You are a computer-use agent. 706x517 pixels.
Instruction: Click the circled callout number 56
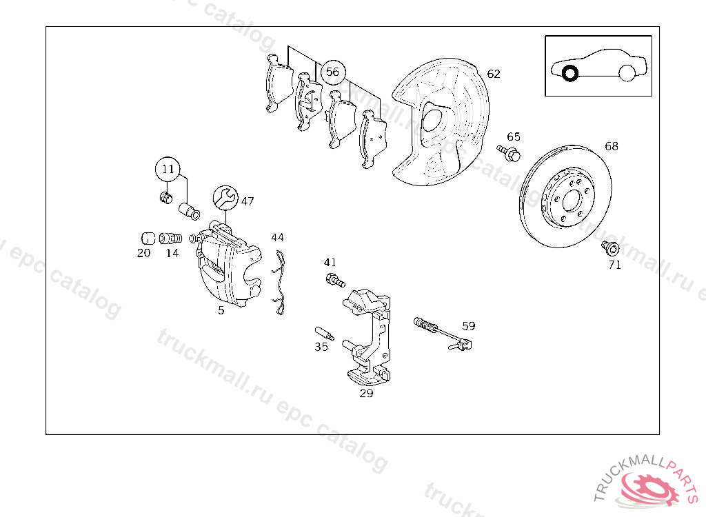pyautogui.click(x=333, y=72)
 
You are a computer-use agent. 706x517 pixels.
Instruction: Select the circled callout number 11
pyautogui.click(x=168, y=170)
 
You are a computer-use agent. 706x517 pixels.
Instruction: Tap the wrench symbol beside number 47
pyautogui.click(x=225, y=198)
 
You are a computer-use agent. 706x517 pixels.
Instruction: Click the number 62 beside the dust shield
pyautogui.click(x=494, y=74)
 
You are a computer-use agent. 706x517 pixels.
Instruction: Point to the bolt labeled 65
pyautogui.click(x=509, y=153)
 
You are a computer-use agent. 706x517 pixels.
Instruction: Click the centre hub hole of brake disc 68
pyautogui.click(x=572, y=201)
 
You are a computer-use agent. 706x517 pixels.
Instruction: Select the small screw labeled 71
pyautogui.click(x=610, y=247)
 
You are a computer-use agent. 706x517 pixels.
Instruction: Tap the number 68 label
pyautogui.click(x=612, y=146)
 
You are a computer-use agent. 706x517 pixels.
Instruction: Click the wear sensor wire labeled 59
pyautogui.click(x=442, y=333)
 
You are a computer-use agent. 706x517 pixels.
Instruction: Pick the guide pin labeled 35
pyautogui.click(x=324, y=334)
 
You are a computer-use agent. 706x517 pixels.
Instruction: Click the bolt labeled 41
pyautogui.click(x=335, y=281)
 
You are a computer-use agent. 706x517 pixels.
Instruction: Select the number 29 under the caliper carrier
pyautogui.click(x=367, y=394)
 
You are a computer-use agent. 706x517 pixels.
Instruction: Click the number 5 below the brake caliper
pyautogui.click(x=221, y=310)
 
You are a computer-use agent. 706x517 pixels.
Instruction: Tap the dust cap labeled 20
pyautogui.click(x=148, y=239)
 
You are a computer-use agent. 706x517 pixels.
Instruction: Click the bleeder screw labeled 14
pyautogui.click(x=171, y=238)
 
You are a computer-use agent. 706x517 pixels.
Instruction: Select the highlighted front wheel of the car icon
pyautogui.click(x=570, y=73)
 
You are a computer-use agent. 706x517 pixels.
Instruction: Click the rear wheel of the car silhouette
pyautogui.click(x=627, y=73)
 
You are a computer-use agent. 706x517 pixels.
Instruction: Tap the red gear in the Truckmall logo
pyautogui.click(x=648, y=489)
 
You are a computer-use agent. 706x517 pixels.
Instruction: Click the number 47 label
pyautogui.click(x=248, y=201)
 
